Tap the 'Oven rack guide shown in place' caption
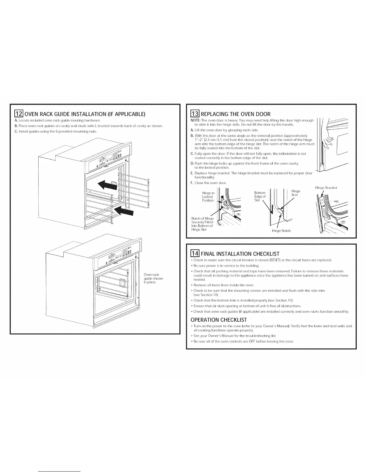[x=153, y=279]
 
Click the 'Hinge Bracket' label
[x=326, y=188]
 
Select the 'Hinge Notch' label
[x=281, y=231]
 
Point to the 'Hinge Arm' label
[x=295, y=193]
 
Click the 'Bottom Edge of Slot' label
[x=260, y=196]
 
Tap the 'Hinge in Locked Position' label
[x=208, y=197]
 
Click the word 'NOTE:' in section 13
[x=195, y=120]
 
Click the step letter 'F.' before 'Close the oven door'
[x=192, y=183]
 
